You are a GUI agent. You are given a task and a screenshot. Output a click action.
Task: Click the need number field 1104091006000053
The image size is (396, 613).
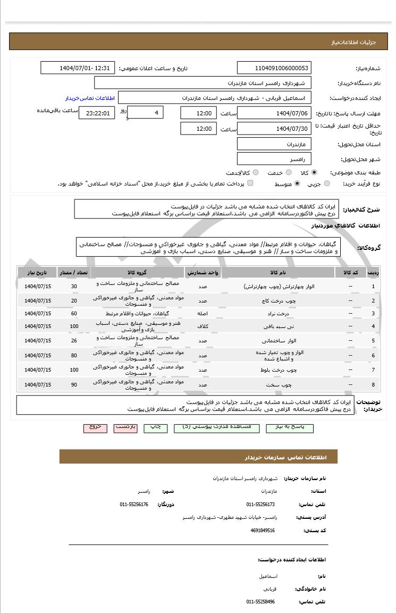tap(274, 68)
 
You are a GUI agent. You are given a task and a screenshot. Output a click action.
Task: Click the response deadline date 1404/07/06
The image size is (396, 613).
tap(274, 113)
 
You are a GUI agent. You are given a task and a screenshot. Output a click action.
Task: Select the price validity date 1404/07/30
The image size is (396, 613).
tap(274, 129)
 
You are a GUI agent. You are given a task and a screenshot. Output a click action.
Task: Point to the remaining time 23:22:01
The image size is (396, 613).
tap(96, 113)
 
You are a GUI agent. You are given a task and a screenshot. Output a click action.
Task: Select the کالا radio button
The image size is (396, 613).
tap(314, 173)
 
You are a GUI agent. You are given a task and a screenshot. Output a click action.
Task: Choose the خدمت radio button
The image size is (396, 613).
tap(289, 173)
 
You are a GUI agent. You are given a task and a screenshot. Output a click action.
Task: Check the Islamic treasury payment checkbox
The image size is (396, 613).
tap(250, 183)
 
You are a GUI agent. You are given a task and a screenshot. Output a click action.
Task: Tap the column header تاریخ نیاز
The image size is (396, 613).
tap(38, 272)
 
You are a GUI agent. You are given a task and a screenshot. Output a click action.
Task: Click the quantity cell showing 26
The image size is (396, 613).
tap(74, 341)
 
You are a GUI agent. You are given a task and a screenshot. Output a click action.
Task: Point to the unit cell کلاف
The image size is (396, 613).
tap(203, 326)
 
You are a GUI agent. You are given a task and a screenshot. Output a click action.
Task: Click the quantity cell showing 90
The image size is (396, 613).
tap(74, 384)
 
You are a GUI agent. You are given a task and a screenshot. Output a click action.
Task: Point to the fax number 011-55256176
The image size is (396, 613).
tap(134, 503)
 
